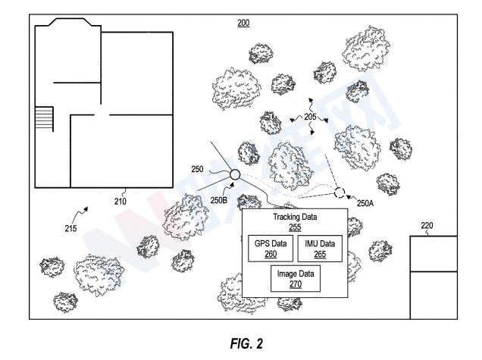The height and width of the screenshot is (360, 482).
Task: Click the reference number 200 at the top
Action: [243, 23]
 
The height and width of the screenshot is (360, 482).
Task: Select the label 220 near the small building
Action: [428, 225]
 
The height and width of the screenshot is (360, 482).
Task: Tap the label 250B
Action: [219, 200]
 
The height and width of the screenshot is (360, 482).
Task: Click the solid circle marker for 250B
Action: [234, 176]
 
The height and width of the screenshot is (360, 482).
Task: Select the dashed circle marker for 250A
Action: [339, 193]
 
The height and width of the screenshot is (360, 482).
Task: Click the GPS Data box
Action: [271, 249]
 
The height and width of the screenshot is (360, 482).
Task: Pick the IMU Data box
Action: [320, 249]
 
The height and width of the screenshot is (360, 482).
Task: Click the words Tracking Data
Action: [295, 218]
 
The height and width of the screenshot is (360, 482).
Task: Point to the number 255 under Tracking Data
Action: [295, 227]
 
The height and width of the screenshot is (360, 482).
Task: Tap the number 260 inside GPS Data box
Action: [271, 254]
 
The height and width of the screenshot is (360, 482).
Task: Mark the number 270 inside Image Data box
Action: [296, 285]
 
